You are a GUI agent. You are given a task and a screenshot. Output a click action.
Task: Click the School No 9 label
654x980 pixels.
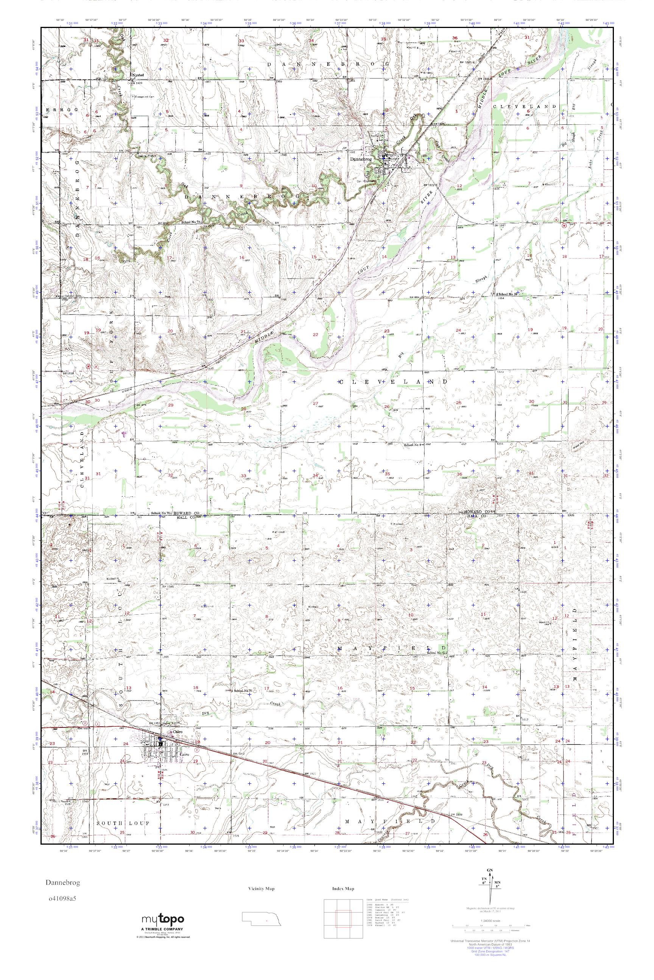click(x=413, y=445)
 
